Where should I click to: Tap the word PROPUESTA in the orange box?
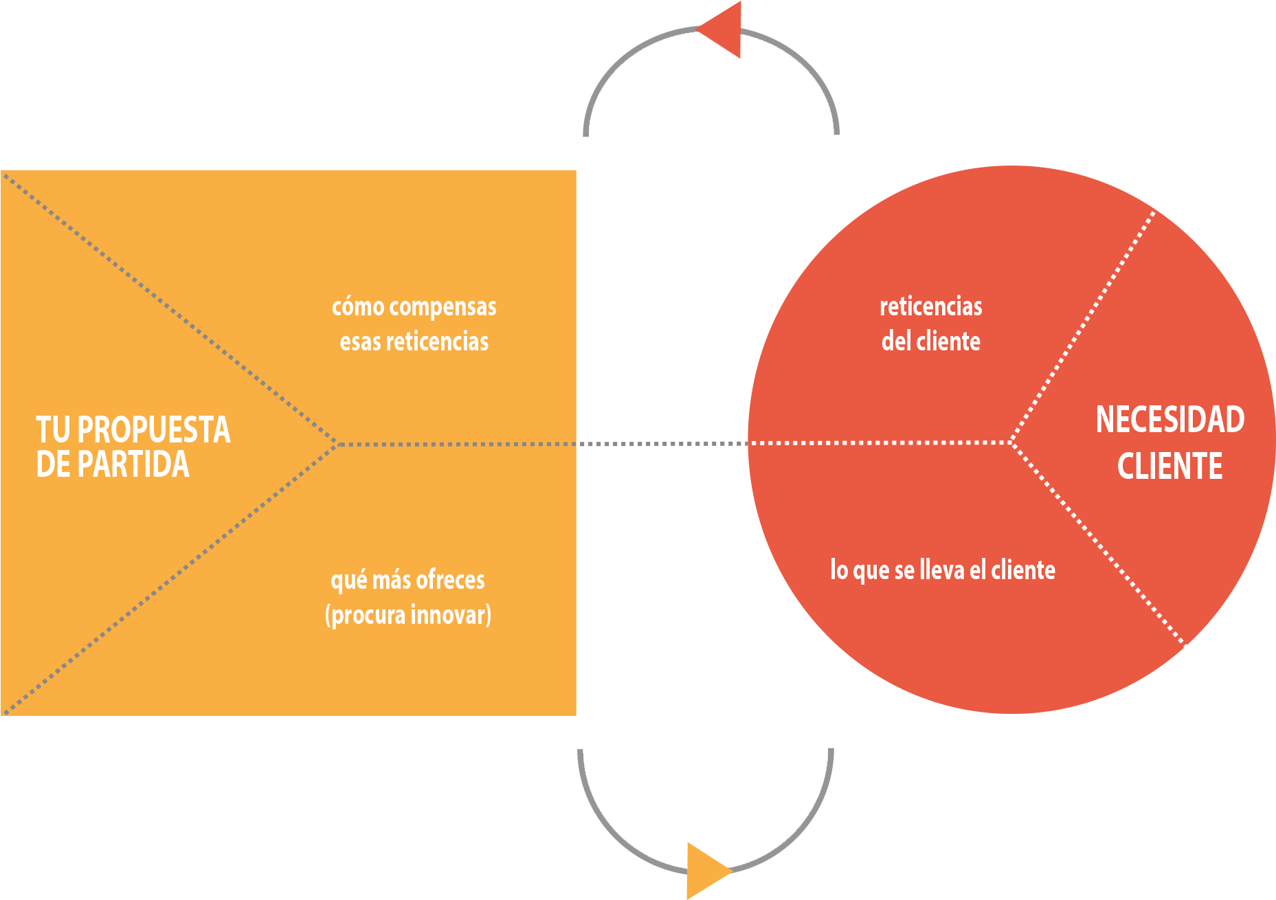pos(153,430)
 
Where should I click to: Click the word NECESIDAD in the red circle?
pos(1169,420)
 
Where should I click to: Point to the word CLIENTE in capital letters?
pos(1169,466)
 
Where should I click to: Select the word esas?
pos(360,341)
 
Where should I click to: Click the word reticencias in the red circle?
pos(930,306)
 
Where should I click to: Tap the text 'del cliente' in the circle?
pos(930,341)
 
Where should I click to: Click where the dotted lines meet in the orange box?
pos(337,445)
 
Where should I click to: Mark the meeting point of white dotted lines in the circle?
pos(1011,442)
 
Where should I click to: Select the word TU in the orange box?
pos(53,430)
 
